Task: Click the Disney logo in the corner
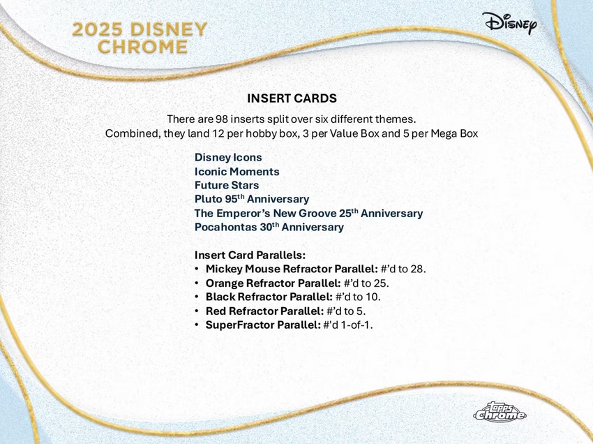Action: [x=509, y=23]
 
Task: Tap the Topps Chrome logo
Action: [x=500, y=413]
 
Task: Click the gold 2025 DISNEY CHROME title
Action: [x=140, y=38]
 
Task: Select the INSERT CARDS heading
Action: [x=292, y=98]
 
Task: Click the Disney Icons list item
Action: [x=228, y=158]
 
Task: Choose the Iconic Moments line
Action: [x=237, y=172]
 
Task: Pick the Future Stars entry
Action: [x=227, y=186]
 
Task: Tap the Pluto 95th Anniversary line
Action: [x=251, y=200]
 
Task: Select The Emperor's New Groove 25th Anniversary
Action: [x=308, y=214]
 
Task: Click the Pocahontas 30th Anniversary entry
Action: [x=269, y=228]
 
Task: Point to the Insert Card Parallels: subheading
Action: [x=250, y=256]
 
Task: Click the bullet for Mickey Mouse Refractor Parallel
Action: [x=197, y=269]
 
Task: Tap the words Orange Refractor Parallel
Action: [x=273, y=283]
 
